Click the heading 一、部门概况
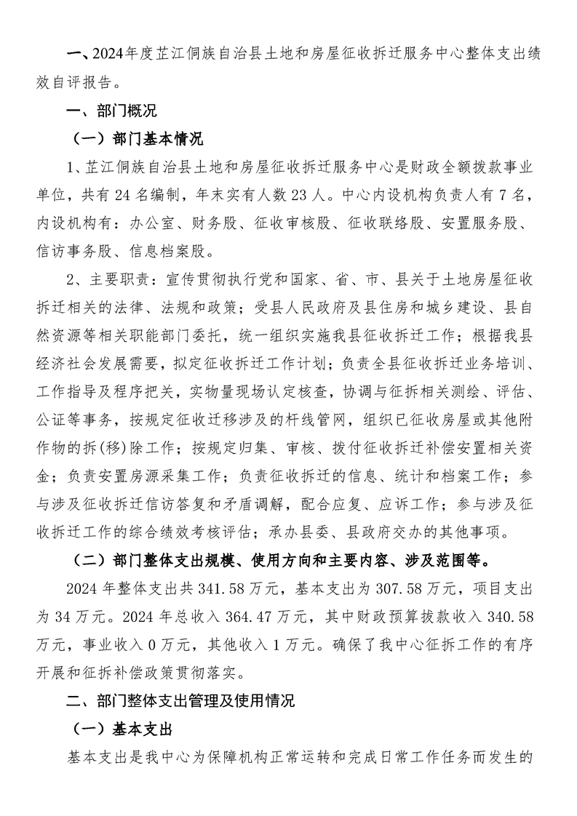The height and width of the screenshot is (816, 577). click(111, 111)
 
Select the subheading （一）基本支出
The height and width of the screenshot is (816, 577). click(121, 729)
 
